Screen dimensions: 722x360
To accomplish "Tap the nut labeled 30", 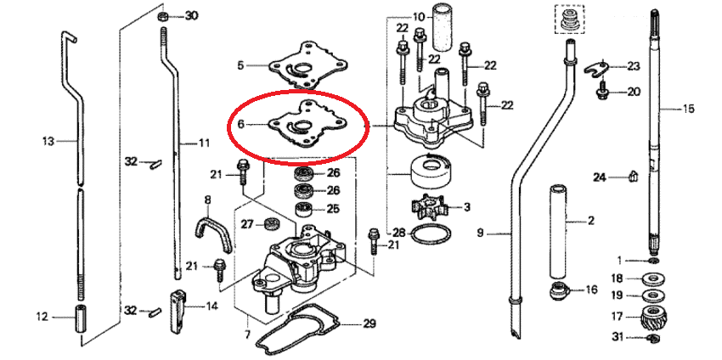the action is coord(162,17).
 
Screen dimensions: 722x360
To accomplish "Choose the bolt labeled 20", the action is coord(602,91).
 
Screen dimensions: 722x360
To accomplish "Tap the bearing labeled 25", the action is coord(303,209).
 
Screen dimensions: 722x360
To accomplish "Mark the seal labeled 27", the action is coord(273,224).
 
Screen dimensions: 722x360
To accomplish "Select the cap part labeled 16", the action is coord(559,291).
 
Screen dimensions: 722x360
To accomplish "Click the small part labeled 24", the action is coord(634,176).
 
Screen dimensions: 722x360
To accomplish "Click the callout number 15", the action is coord(688,110).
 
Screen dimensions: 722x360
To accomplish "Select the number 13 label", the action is coord(48,141).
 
